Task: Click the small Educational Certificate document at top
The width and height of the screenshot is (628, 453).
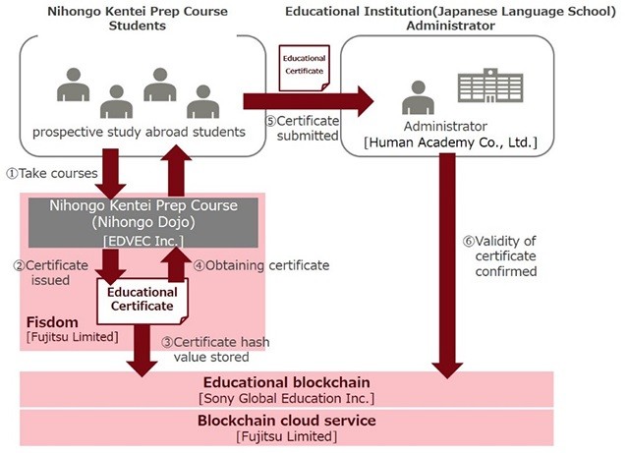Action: [304, 67]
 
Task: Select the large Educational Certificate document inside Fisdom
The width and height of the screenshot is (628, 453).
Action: [143, 298]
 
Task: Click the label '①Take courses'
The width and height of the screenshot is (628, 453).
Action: [51, 173]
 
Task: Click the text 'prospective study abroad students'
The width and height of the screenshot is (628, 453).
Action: [139, 132]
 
